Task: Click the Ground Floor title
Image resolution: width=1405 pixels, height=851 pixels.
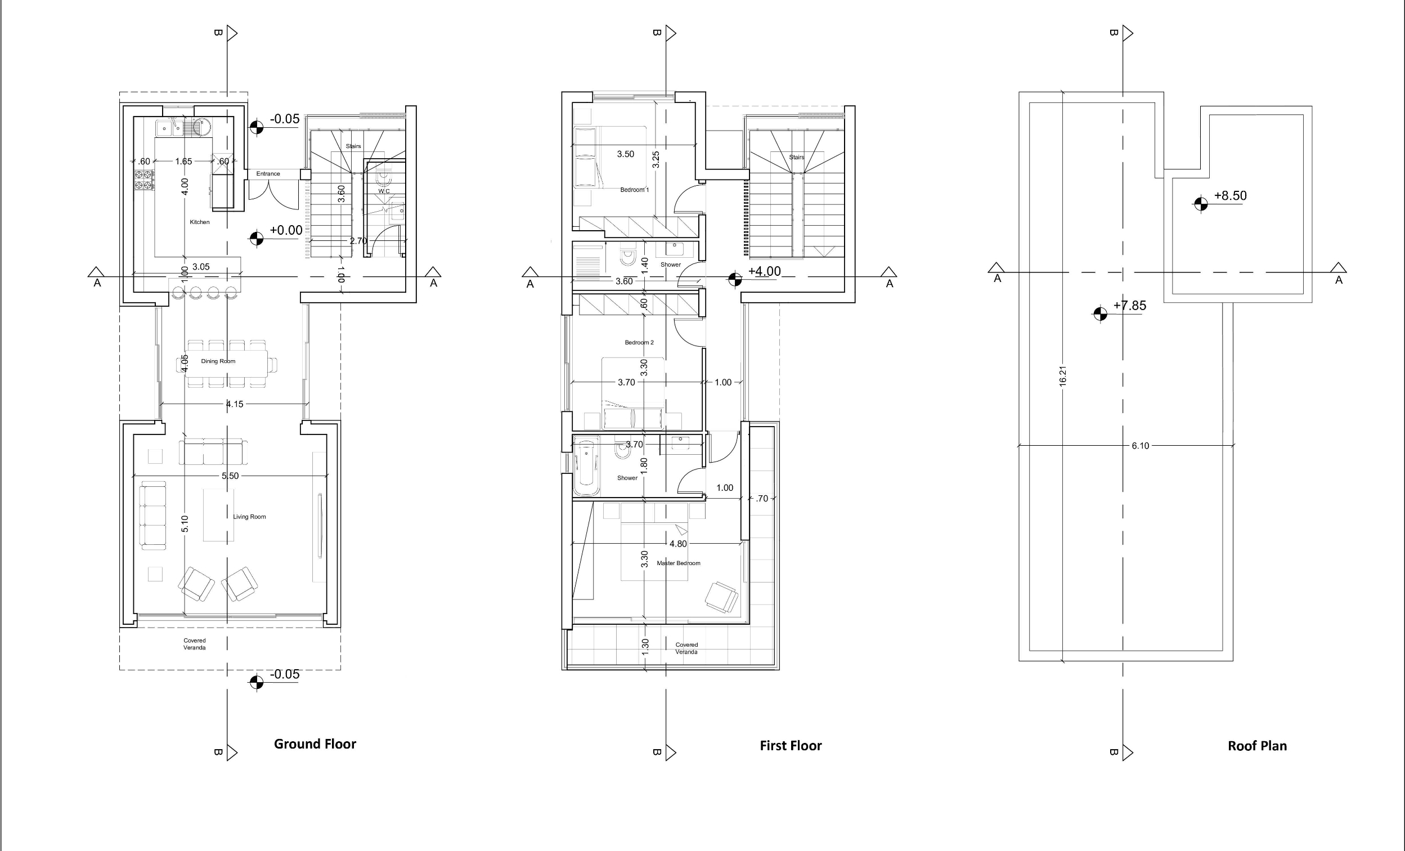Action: [315, 743]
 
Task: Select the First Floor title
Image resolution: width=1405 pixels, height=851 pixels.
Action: [791, 746]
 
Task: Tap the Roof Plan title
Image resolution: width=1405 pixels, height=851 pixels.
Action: [1257, 746]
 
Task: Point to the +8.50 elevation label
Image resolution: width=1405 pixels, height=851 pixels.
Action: [1230, 196]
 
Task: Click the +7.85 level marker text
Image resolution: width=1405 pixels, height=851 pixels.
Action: [1130, 306]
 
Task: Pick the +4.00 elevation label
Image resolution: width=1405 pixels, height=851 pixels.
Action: [764, 271]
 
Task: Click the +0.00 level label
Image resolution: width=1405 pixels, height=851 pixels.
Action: [286, 230]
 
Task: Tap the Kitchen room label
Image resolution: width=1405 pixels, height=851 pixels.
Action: [200, 222]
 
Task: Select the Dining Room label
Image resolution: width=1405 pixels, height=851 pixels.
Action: [218, 361]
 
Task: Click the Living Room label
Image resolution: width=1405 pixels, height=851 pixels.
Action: [249, 517]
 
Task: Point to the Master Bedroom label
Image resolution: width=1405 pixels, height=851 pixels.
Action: [679, 563]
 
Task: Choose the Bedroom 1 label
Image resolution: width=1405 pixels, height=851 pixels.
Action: [635, 190]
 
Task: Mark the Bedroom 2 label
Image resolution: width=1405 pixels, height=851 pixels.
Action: [639, 342]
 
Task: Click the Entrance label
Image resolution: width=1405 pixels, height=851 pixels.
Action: [268, 173]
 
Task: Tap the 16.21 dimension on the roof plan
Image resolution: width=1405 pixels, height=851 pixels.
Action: [1062, 377]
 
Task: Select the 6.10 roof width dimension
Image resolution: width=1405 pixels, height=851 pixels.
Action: [1141, 446]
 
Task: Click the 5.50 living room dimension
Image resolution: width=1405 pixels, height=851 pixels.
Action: [230, 476]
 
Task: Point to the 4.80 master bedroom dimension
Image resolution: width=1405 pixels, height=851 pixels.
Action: [678, 544]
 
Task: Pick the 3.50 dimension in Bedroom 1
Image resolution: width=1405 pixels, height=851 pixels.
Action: [626, 154]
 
